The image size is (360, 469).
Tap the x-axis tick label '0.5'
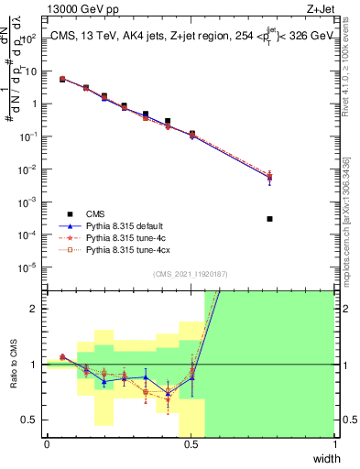pos(191,444)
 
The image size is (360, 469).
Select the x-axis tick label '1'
pos(334,444)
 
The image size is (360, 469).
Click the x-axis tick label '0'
pos(47,444)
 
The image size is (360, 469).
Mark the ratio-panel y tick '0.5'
pos(31,420)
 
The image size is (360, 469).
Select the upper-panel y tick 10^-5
pos(30,267)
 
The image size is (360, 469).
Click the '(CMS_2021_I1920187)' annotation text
pos(191,274)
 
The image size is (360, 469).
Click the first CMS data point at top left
pos(62,80)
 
